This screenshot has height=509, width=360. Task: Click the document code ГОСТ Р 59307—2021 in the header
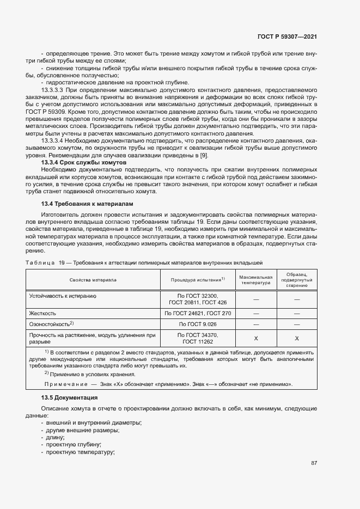(287, 36)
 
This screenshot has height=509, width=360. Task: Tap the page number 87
(314, 463)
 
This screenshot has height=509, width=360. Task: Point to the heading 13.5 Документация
(69, 398)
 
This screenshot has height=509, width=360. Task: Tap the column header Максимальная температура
(255, 280)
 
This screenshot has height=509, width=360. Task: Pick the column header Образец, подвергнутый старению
(297, 280)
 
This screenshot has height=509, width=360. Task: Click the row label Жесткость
(43, 314)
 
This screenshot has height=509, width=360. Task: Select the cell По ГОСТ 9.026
(198, 324)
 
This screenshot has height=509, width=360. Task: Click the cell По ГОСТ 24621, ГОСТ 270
(198, 314)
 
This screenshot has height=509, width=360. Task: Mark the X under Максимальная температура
(256, 339)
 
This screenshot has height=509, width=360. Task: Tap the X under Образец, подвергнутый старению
(297, 339)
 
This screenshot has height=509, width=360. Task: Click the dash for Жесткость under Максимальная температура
(256, 314)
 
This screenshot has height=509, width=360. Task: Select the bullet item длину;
(56, 437)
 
